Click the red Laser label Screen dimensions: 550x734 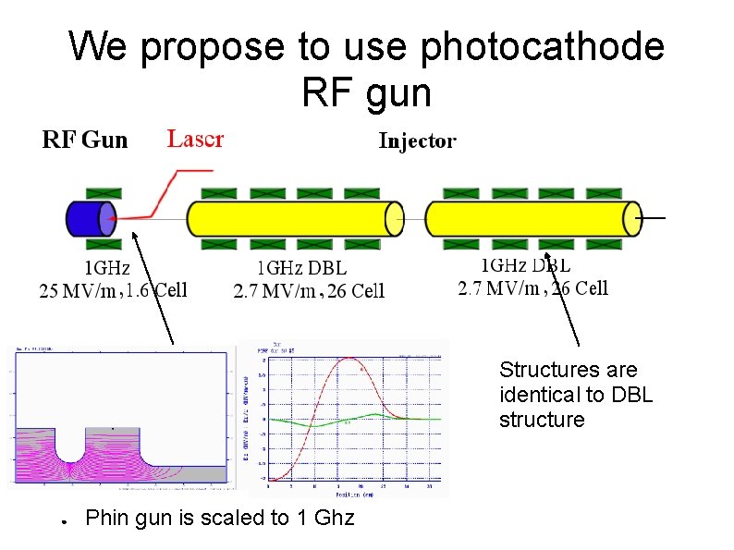point(194,139)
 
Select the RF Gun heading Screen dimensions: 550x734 point(85,141)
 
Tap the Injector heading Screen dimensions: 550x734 point(417,141)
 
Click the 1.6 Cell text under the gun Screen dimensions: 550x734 point(156,290)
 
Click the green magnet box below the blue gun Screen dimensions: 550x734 point(103,245)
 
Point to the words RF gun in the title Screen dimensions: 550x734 point(366,92)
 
